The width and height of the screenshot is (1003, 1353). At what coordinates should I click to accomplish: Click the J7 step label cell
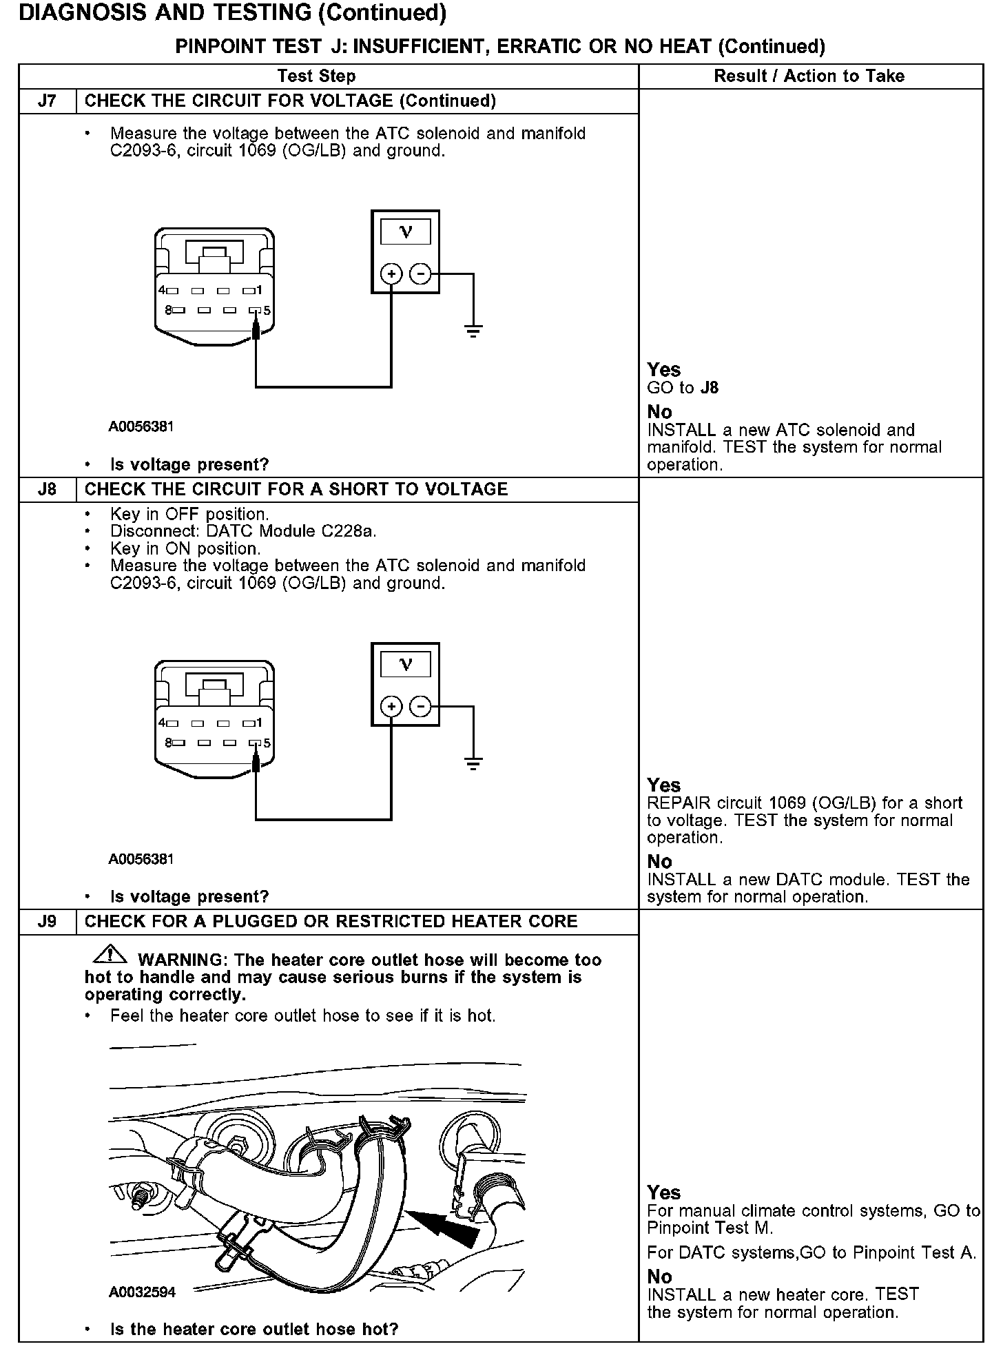tap(47, 101)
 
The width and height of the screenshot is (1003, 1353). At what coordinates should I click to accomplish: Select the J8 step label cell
tap(47, 489)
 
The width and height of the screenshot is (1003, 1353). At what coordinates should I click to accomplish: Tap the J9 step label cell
tap(47, 922)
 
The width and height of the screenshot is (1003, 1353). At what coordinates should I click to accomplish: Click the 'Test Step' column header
tap(316, 76)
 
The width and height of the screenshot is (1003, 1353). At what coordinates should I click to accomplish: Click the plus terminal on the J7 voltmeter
tap(391, 274)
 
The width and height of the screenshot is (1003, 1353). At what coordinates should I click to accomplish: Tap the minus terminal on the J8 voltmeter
tap(420, 707)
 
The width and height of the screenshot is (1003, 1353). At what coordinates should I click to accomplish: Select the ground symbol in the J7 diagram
tap(473, 331)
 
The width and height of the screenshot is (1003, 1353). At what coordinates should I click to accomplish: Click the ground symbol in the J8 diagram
tap(473, 763)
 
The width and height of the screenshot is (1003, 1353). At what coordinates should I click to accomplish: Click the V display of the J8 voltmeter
tap(406, 665)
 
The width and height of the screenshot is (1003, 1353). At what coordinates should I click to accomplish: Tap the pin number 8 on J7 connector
tap(168, 311)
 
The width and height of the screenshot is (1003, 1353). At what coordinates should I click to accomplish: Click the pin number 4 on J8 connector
tap(162, 723)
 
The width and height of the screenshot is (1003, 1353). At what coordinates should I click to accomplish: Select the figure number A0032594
tap(142, 1292)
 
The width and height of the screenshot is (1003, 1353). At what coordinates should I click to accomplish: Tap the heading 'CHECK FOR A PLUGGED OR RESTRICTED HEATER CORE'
tap(331, 922)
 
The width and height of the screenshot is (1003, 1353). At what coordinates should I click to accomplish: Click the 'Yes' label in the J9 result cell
tap(663, 1192)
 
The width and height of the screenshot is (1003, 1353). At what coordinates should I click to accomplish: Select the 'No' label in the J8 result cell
tap(659, 862)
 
